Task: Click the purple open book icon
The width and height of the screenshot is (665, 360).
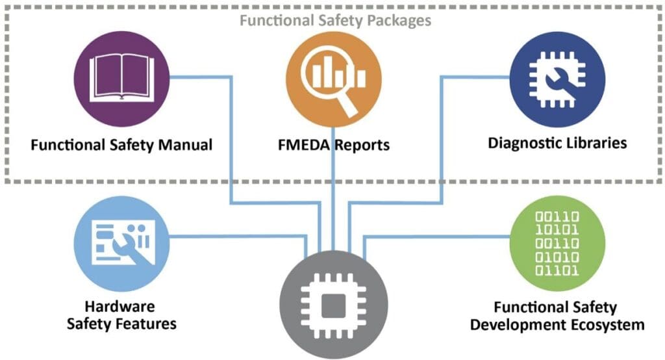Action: pyautogui.click(x=121, y=79)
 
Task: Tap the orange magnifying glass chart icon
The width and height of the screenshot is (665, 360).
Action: pyautogui.click(x=334, y=79)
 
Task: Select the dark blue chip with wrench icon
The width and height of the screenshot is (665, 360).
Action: pyautogui.click(x=557, y=79)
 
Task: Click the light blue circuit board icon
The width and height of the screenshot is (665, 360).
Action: pyautogui.click(x=121, y=244)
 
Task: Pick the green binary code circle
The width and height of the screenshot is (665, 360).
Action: pyautogui.click(x=557, y=244)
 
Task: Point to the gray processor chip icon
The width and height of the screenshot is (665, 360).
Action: pyautogui.click(x=334, y=305)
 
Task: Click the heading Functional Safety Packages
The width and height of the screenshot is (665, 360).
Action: pyautogui.click(x=336, y=20)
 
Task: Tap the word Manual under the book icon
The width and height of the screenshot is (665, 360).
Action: pyautogui.click(x=185, y=145)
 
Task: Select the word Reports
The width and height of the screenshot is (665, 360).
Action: pyautogui.click(x=362, y=146)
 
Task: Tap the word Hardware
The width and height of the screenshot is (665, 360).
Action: pyautogui.click(x=120, y=306)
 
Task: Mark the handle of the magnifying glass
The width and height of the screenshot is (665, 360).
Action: pyautogui.click(x=349, y=105)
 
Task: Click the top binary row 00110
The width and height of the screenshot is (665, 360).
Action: pyautogui.click(x=557, y=217)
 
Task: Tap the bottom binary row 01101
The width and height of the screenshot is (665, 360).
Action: pyautogui.click(x=557, y=270)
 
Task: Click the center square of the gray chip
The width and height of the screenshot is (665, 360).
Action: pyautogui.click(x=334, y=305)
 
